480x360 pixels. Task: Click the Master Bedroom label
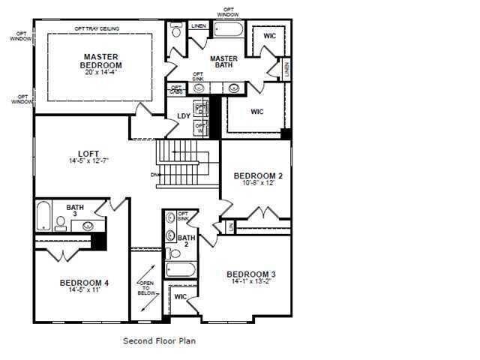click(102, 61)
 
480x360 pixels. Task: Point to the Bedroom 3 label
click(251, 274)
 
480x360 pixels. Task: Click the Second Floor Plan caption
click(159, 340)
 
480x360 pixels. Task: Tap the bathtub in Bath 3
click(43, 216)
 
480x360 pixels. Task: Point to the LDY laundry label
click(183, 115)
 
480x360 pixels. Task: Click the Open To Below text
click(146, 289)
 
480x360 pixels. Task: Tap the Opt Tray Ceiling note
click(96, 28)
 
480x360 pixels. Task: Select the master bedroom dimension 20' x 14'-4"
click(102, 73)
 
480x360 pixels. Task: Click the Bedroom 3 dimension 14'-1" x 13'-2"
click(251, 283)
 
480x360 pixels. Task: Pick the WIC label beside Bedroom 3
click(180, 297)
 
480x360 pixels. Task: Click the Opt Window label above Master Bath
click(228, 13)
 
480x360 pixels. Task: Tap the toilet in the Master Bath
click(176, 31)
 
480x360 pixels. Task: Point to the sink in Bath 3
click(88, 224)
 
